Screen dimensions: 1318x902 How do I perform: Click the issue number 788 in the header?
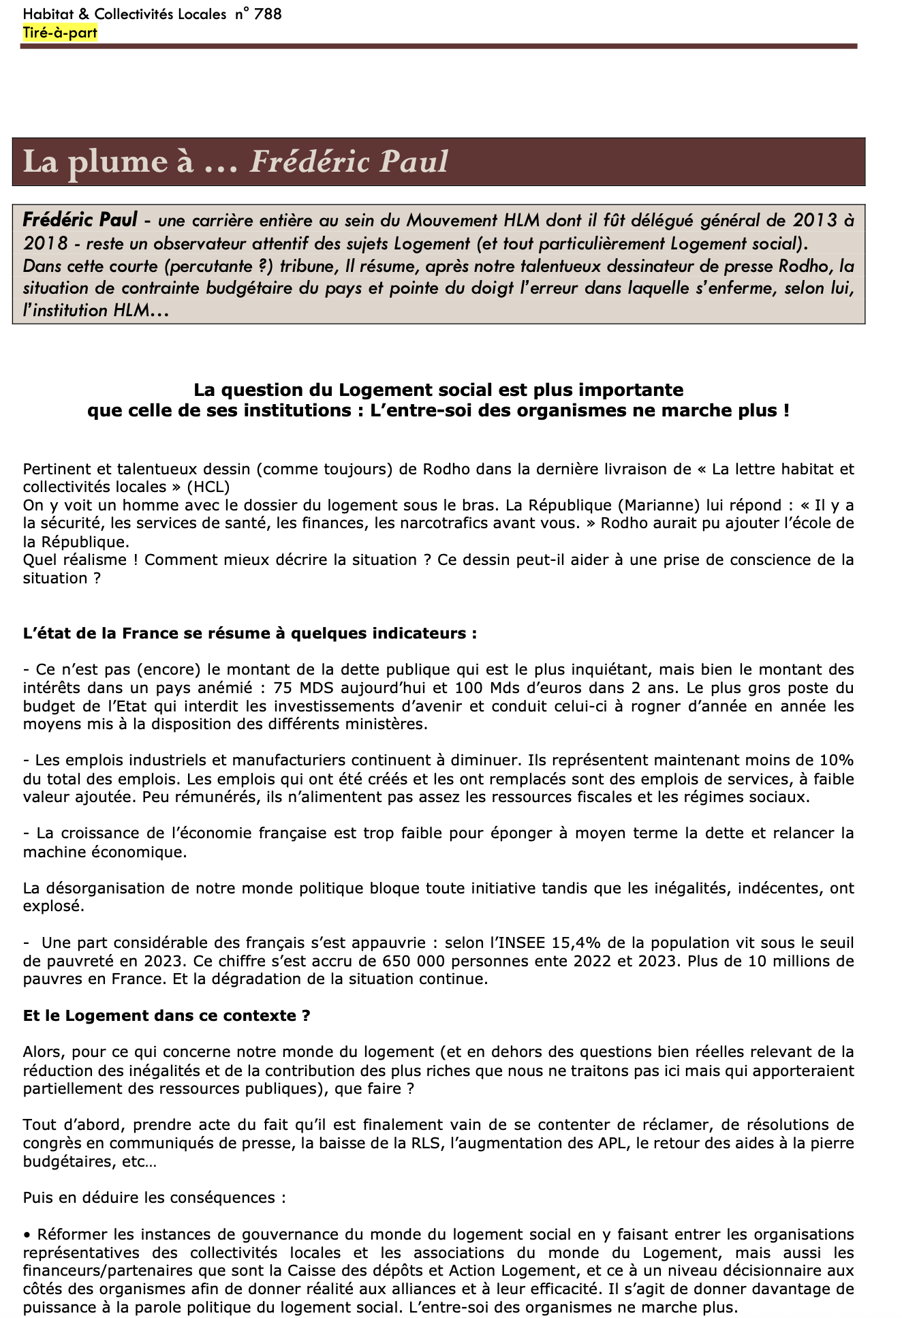pos(267,14)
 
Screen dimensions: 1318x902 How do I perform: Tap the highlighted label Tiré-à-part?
pos(60,33)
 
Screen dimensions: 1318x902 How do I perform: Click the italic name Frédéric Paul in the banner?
pos(349,162)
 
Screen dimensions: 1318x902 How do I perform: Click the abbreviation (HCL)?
pos(208,487)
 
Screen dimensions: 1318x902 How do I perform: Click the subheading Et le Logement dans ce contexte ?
pos(167,1015)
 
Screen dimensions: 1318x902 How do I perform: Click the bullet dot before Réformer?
pos(27,1235)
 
